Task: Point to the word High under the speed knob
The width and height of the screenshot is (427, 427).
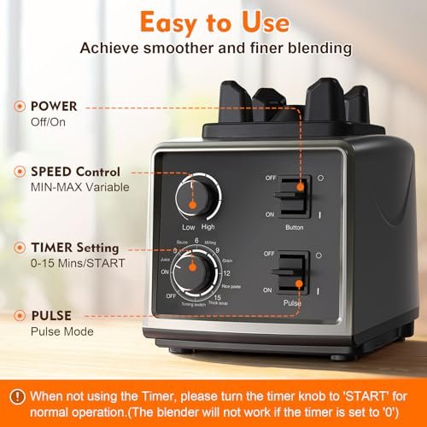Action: pos(208,228)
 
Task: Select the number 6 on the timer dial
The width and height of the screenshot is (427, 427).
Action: pos(196,242)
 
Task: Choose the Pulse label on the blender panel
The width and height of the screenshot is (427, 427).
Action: pos(293,302)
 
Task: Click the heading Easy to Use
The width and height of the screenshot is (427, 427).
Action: pos(213,20)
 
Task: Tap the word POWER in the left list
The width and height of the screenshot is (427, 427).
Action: pos(53,107)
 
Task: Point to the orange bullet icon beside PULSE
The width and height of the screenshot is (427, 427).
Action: pos(18,313)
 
